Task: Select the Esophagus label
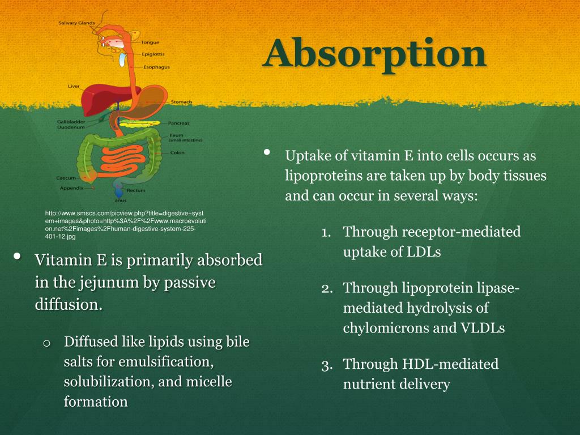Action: (x=156, y=67)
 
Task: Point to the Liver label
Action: (x=74, y=87)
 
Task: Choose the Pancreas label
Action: (x=179, y=123)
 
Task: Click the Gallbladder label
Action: (x=71, y=122)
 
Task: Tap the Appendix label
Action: (x=72, y=187)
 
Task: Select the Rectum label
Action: (x=136, y=190)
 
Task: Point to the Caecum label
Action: (x=66, y=178)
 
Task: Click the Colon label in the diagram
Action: (x=177, y=152)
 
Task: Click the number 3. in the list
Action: (x=326, y=364)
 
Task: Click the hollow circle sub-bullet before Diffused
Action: (x=47, y=343)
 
